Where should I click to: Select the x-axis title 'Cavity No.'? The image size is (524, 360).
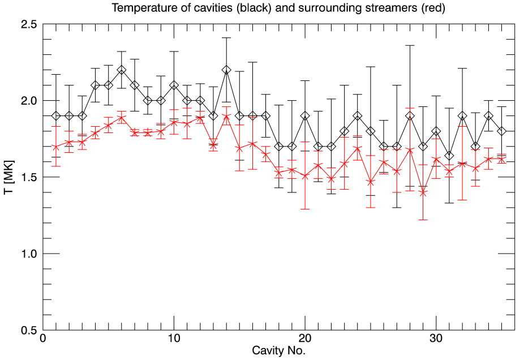(x=278, y=351)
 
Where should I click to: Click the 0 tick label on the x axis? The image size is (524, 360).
(x=43, y=340)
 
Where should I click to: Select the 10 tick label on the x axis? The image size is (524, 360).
(x=174, y=340)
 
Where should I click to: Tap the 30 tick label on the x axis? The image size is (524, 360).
(x=436, y=340)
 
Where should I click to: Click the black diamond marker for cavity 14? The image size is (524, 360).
(x=226, y=70)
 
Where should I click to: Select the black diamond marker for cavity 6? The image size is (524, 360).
(x=122, y=70)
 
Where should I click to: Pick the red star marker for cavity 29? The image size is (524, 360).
(x=423, y=192)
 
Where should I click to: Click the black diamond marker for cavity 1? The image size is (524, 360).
(x=56, y=116)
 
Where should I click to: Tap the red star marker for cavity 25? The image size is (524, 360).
(x=371, y=182)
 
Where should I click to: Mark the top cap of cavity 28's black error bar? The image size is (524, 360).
(x=410, y=45)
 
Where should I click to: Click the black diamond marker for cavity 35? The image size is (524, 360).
(x=502, y=131)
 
